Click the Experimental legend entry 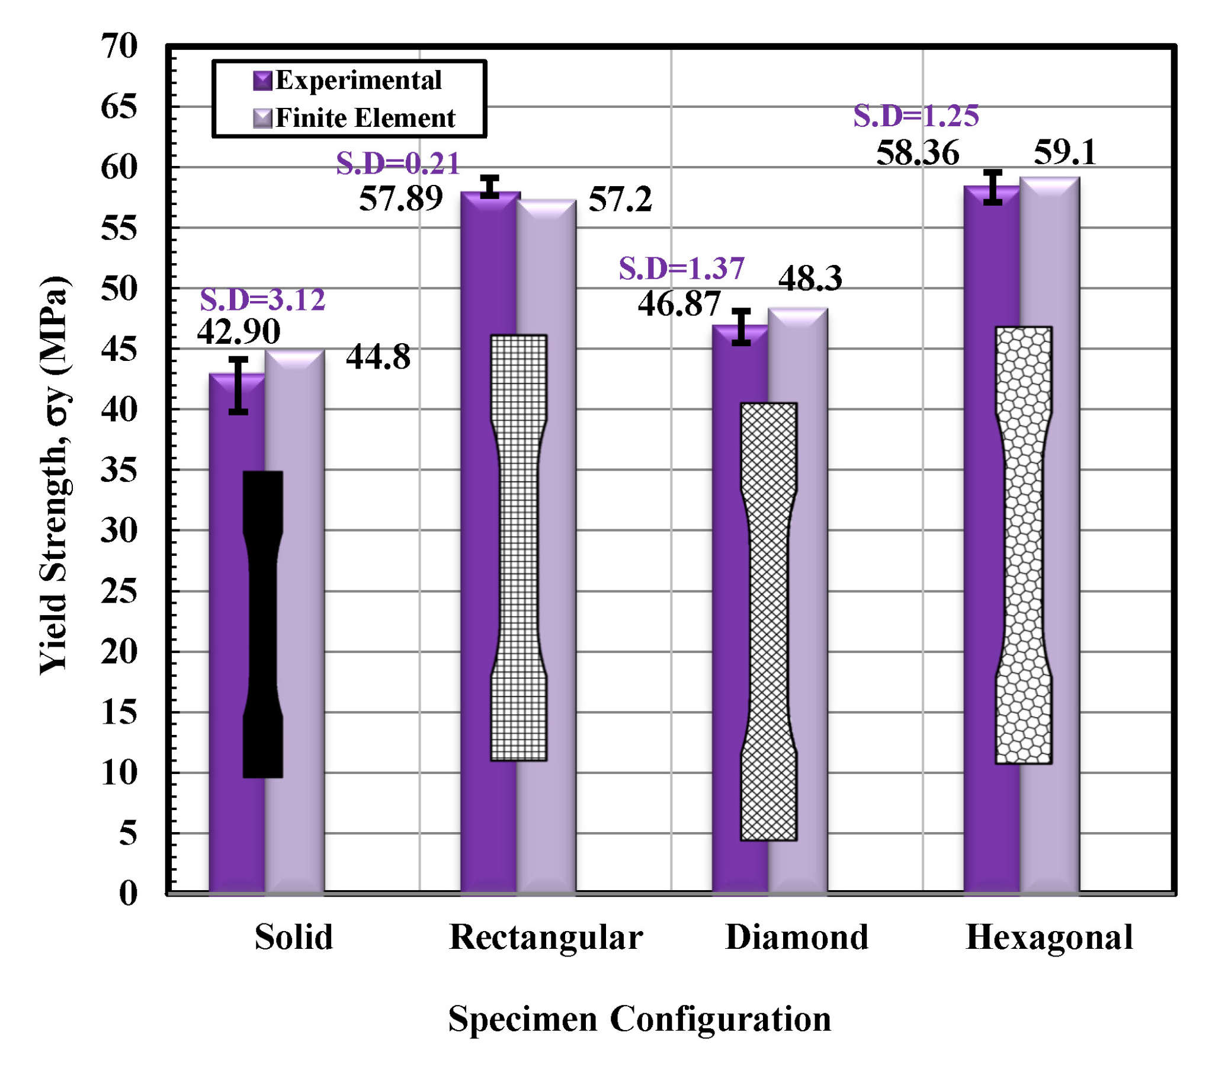[348, 80]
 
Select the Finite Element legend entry [355, 118]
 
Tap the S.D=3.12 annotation [262, 300]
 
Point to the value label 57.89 [401, 199]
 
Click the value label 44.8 [379, 358]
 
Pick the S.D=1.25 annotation [916, 116]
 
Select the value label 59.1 [1065, 153]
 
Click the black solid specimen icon [263, 624]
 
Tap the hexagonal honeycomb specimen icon [1024, 545]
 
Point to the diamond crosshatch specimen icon [769, 621]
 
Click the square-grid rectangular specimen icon [519, 548]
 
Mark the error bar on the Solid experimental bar [238, 386]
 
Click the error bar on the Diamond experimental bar [741, 327]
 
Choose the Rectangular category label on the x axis [546, 937]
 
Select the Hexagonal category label [1049, 937]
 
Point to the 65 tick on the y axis [119, 108]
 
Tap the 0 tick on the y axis [128, 893]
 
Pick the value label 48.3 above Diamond [810, 278]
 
